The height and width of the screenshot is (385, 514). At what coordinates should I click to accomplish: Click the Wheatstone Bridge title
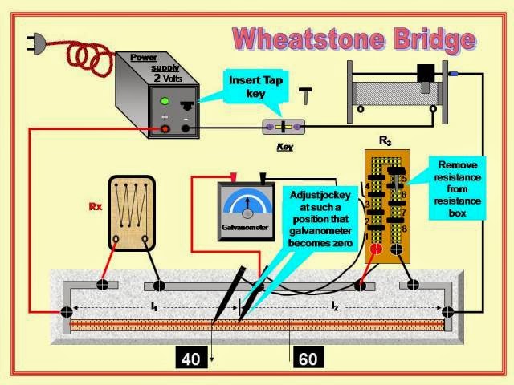pyautogui.click(x=353, y=38)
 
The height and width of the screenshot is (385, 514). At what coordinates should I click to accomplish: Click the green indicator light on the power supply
pyautogui.click(x=165, y=102)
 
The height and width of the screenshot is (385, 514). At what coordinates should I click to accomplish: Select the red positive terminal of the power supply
pyautogui.click(x=165, y=128)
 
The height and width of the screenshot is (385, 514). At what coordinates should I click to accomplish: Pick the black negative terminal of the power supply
pyautogui.click(x=187, y=128)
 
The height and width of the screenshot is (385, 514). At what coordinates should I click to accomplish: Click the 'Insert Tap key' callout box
pyautogui.click(x=256, y=87)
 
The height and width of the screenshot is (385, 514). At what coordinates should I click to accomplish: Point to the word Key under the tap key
pyautogui.click(x=284, y=148)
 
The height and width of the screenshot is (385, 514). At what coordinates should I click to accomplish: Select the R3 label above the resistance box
pyautogui.click(x=385, y=141)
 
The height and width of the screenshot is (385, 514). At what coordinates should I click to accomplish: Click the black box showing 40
pyautogui.click(x=191, y=359)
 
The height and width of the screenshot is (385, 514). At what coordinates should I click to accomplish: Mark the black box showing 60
pyautogui.click(x=308, y=359)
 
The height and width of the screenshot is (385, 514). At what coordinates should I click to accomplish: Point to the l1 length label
pyautogui.click(x=153, y=306)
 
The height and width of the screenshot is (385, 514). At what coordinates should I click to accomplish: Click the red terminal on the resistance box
pyautogui.click(x=373, y=249)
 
